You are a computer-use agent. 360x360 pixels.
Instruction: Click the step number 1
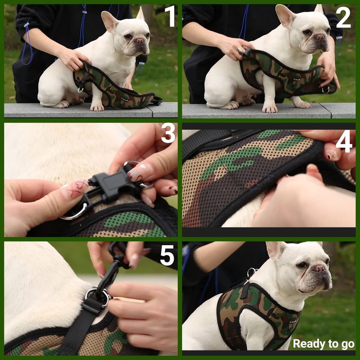tap(170, 17)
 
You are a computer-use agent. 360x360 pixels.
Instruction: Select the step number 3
tap(168, 133)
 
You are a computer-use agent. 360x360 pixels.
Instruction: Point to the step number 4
tap(344, 143)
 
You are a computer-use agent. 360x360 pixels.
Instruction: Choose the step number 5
tap(167, 255)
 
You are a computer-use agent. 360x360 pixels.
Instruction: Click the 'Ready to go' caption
tap(324, 344)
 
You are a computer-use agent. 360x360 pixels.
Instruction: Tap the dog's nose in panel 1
tap(141, 41)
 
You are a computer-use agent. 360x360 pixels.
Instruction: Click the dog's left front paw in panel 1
tap(97, 107)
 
